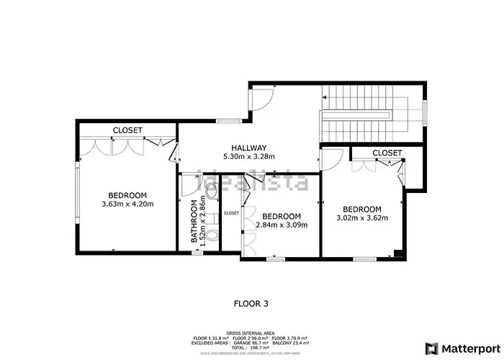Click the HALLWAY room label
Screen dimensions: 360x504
(x=249, y=147)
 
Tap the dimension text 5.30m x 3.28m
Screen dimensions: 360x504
(x=249, y=156)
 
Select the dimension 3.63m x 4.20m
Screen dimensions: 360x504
(x=128, y=204)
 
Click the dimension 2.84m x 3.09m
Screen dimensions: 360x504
(x=281, y=225)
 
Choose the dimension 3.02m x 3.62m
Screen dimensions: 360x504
(x=362, y=218)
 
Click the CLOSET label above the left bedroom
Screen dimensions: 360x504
(x=127, y=130)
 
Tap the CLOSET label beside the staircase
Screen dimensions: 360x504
(x=387, y=153)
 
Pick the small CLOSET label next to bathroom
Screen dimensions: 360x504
(x=231, y=213)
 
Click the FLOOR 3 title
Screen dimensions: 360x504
(x=251, y=304)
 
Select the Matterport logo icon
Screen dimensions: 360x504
(x=431, y=348)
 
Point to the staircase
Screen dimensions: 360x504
(x=367, y=115)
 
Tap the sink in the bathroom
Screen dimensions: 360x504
(x=211, y=191)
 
